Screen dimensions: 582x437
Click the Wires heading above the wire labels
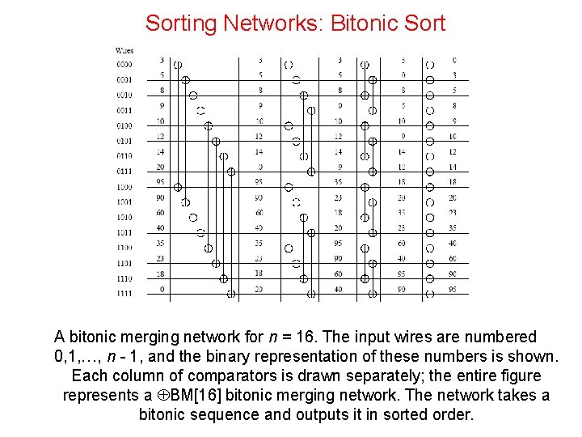click(x=124, y=51)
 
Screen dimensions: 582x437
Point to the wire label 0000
click(x=124, y=64)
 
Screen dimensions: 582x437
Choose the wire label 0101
click(x=124, y=140)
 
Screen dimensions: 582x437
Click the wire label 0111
click(x=124, y=171)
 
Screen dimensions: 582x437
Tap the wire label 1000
click(x=124, y=187)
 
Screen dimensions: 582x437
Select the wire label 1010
click(x=124, y=217)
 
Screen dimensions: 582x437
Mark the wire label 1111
click(x=124, y=294)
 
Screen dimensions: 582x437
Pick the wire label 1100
click(x=124, y=248)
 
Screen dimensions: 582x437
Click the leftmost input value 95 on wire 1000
click(x=162, y=182)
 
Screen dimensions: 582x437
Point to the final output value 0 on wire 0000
click(x=454, y=60)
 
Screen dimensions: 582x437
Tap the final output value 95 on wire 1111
click(x=453, y=289)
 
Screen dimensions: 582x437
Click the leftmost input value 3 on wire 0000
click(x=162, y=60)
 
